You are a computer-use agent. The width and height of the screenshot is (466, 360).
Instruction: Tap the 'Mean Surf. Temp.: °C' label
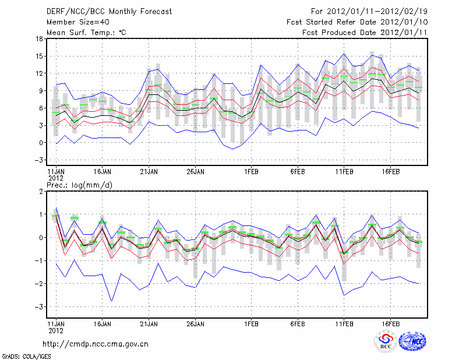click(x=86, y=33)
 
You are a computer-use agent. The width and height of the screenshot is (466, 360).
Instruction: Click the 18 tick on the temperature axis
click(x=39, y=39)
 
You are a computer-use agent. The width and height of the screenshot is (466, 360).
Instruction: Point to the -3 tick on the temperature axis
click(x=38, y=160)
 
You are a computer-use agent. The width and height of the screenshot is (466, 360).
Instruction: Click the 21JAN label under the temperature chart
click(x=149, y=172)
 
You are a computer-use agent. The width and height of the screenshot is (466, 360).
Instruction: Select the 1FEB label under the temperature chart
click(x=251, y=172)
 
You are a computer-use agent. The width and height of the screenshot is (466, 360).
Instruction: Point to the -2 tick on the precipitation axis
click(x=38, y=284)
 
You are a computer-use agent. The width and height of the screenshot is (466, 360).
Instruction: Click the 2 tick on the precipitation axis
click(x=41, y=191)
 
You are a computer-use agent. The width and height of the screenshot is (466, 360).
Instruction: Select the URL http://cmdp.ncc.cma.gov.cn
click(x=96, y=344)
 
